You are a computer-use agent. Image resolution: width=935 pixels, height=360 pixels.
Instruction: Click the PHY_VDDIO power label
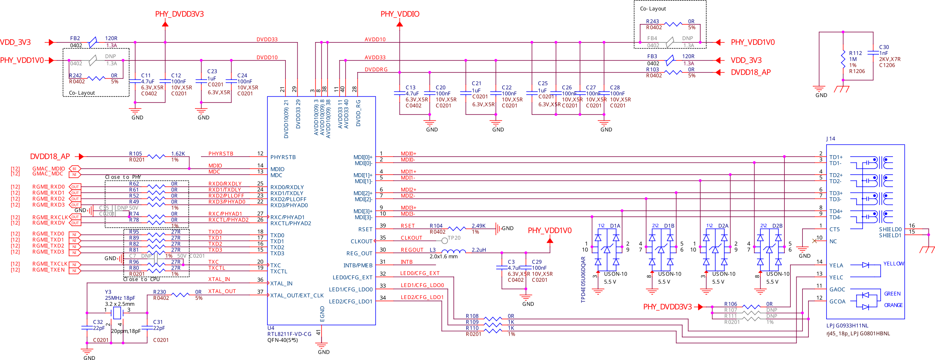point(400,14)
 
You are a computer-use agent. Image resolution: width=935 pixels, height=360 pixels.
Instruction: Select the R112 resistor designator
point(855,53)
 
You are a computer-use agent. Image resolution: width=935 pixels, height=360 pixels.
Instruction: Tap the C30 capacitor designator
point(884,47)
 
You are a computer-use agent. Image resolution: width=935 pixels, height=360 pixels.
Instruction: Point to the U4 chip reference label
point(271,328)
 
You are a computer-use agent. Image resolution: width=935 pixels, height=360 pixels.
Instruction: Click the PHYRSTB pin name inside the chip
point(283,157)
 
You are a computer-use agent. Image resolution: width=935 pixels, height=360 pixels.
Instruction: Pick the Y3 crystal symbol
point(117,312)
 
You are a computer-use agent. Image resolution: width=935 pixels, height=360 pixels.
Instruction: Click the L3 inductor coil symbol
point(453,251)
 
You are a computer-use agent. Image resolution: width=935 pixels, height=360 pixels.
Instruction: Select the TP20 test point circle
point(444,240)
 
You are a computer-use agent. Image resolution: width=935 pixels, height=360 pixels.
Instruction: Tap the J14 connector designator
point(830,139)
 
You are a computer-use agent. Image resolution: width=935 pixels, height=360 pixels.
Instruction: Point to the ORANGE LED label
point(893,305)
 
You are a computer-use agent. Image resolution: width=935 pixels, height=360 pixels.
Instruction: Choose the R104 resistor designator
point(436,226)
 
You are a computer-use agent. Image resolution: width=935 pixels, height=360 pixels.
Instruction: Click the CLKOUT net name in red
point(411,238)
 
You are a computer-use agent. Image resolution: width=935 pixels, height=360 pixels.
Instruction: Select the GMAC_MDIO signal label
point(49,168)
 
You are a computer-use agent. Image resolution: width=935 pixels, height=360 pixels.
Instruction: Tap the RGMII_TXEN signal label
point(48,270)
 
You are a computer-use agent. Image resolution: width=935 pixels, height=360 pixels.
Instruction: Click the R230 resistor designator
point(159,292)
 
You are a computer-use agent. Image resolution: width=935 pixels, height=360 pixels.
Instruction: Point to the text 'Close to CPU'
point(142,279)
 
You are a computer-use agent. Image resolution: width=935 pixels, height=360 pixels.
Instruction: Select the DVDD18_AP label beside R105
point(50,157)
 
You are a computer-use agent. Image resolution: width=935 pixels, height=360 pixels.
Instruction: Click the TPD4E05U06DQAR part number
point(583,279)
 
